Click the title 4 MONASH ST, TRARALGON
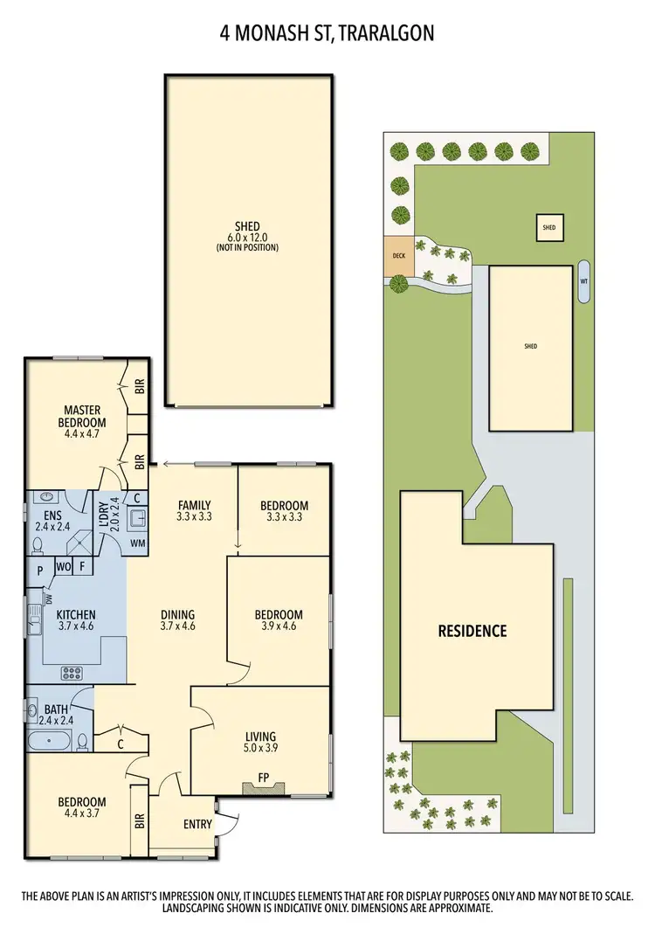pyautogui.click(x=327, y=33)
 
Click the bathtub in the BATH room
pyautogui.click(x=48, y=742)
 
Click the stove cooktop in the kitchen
pyautogui.click(x=70, y=673)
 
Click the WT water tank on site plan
pyautogui.click(x=583, y=281)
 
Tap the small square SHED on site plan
pyautogui.click(x=548, y=228)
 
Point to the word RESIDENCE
pyautogui.click(x=472, y=630)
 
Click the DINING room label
pyautogui.click(x=177, y=614)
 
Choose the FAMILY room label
pyautogui.click(x=193, y=505)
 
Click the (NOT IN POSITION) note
pyautogui.click(x=247, y=247)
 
